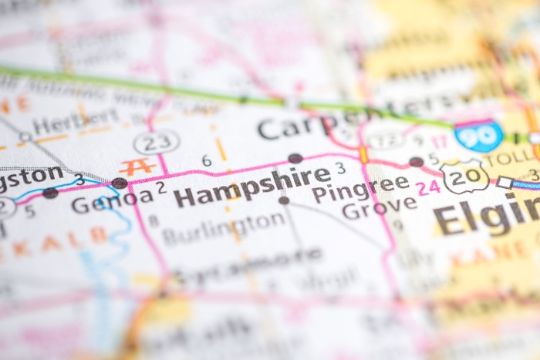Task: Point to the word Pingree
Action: point(360,187)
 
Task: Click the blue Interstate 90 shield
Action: point(478,136)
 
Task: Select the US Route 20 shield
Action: point(465,177)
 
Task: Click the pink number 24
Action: point(428,186)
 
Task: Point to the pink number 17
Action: point(439,142)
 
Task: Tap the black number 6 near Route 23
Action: point(206,160)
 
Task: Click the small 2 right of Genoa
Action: point(161,187)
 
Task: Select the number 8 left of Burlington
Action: point(154,220)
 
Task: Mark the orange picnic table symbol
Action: point(137,166)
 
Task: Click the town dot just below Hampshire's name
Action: point(284,200)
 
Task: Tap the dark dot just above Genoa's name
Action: point(120,183)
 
